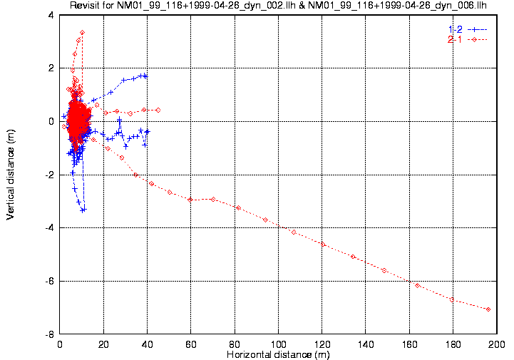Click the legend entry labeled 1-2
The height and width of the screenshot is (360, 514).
tap(455, 28)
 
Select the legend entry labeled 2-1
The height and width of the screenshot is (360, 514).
tap(455, 38)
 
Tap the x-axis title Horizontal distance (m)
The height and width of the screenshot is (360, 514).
tap(278, 354)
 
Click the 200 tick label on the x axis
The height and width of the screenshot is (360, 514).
tap(495, 344)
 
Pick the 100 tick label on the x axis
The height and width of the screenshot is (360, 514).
tap(278, 344)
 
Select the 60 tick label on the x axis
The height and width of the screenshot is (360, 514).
tap(191, 344)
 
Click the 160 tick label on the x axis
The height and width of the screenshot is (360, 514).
tap(408, 344)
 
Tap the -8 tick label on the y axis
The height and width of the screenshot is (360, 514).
tap(50, 334)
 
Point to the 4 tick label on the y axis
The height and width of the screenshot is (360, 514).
tap(52, 15)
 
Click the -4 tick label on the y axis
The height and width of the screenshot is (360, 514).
tap(50, 228)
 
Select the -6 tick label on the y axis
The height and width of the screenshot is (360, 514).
tap(50, 281)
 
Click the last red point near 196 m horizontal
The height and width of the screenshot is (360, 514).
tap(488, 309)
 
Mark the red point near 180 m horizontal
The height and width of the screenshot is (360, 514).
tap(452, 299)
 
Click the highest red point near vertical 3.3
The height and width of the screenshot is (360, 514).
tap(83, 32)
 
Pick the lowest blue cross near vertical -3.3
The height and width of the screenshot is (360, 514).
tap(83, 210)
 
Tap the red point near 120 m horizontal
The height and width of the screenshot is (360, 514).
tap(323, 245)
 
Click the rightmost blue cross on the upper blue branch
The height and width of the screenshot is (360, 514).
tap(145, 76)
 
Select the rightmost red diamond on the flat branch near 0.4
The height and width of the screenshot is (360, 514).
tap(158, 110)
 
